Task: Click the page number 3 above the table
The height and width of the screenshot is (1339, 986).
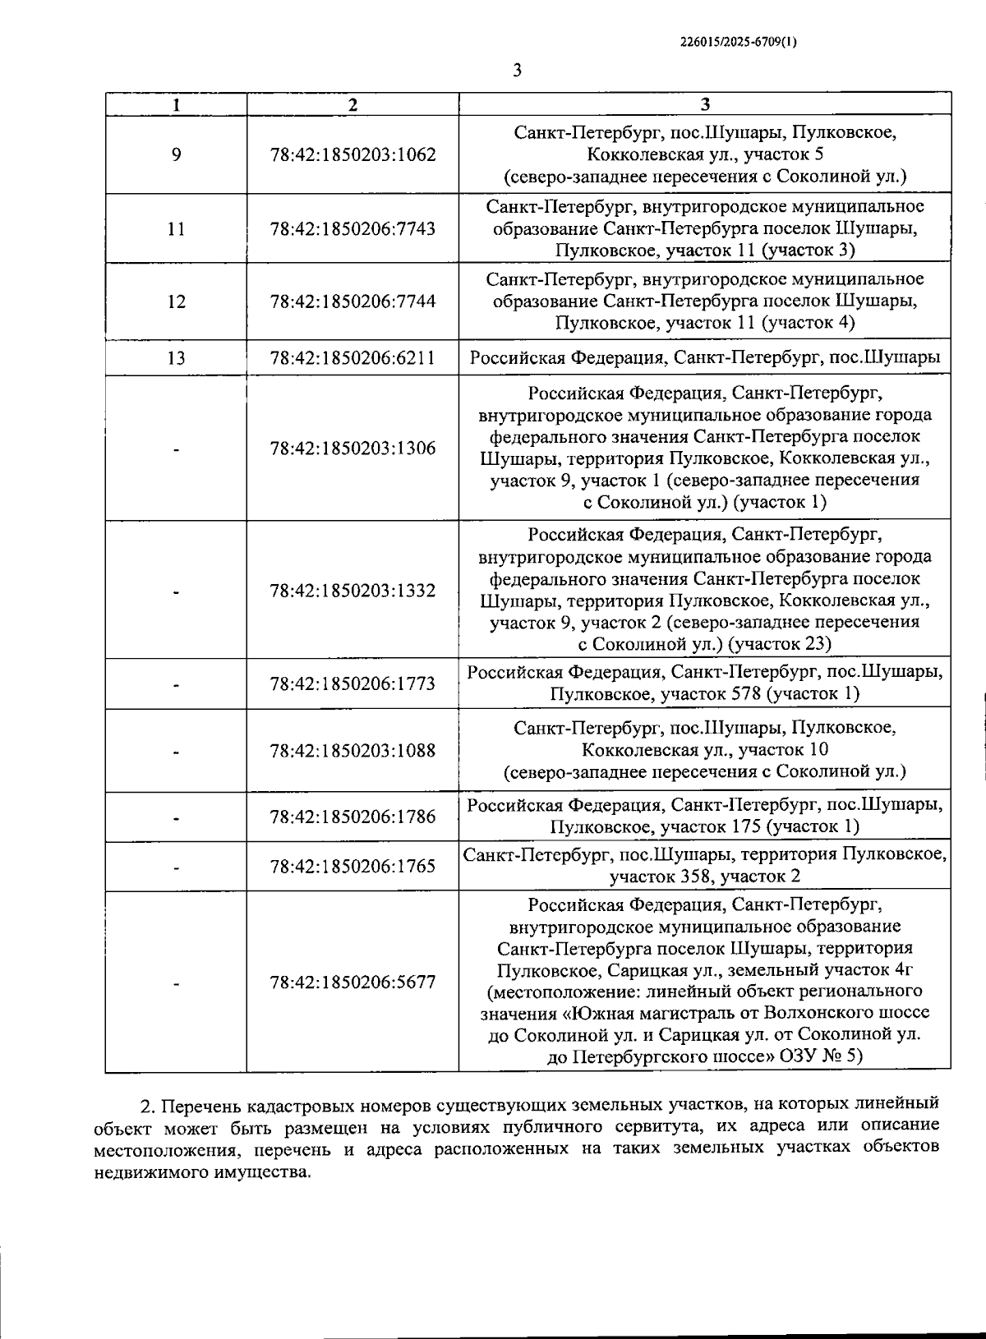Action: pyautogui.click(x=517, y=71)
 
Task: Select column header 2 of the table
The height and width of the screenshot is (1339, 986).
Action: pyautogui.click(x=352, y=104)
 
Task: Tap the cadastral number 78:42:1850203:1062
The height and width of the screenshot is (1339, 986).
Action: pyautogui.click(x=352, y=154)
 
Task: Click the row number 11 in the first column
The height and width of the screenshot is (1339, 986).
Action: pyautogui.click(x=176, y=228)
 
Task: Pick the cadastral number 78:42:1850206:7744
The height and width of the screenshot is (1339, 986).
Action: pyautogui.click(x=352, y=301)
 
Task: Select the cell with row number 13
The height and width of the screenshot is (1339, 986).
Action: pyautogui.click(x=176, y=357)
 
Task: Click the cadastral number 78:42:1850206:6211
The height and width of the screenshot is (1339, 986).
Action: pyautogui.click(x=352, y=357)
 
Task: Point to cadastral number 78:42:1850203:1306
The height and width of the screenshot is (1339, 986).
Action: pyautogui.click(x=352, y=449)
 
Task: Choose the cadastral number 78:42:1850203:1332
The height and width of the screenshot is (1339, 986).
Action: pyautogui.click(x=352, y=591)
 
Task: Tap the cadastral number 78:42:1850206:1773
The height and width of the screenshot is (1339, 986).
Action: pyautogui.click(x=352, y=683)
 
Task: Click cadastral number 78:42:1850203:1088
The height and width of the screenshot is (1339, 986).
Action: pyautogui.click(x=352, y=750)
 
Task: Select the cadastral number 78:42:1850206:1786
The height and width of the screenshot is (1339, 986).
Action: pyautogui.click(x=352, y=817)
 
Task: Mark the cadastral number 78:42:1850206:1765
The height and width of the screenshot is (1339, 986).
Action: pyautogui.click(x=352, y=866)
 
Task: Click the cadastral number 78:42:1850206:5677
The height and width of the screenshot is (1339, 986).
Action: pyautogui.click(x=352, y=982)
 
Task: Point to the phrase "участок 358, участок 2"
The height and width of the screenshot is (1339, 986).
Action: pyautogui.click(x=704, y=877)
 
